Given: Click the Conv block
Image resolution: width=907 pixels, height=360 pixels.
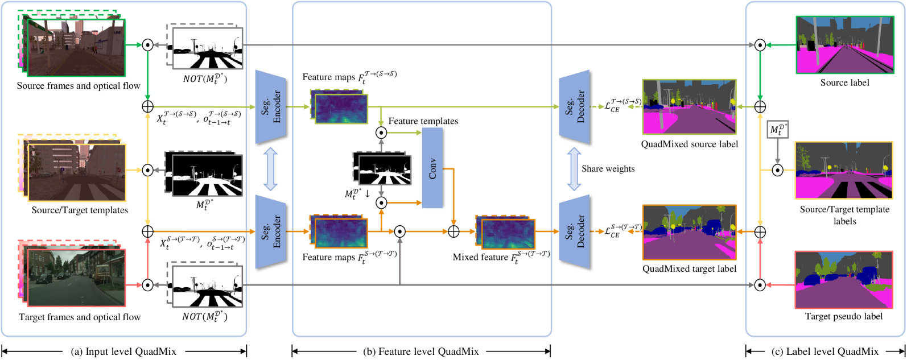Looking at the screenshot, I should (x=432, y=167).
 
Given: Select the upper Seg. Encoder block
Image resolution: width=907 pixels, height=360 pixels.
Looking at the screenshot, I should (x=270, y=107).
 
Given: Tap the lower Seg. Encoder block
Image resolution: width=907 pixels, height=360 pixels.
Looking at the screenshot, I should (x=270, y=232).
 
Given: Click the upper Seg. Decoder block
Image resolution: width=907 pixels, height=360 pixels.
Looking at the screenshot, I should (x=574, y=107).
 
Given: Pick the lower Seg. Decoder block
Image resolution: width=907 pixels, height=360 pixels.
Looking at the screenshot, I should (x=574, y=232).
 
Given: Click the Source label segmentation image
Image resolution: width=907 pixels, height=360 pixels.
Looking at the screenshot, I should (x=844, y=45).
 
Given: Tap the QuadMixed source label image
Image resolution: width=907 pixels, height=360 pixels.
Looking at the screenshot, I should (x=689, y=107).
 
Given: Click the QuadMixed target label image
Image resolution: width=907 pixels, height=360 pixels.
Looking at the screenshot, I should (x=689, y=232).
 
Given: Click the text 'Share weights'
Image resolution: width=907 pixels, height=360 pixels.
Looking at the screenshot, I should (x=608, y=169).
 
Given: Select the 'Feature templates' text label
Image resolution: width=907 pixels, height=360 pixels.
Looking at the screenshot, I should (x=423, y=121).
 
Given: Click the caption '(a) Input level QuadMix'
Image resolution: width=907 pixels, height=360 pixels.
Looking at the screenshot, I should (x=123, y=351).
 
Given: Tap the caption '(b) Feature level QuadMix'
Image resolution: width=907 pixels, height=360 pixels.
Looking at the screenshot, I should (x=421, y=351).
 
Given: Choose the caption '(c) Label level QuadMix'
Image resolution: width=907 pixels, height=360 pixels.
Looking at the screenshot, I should (x=825, y=351).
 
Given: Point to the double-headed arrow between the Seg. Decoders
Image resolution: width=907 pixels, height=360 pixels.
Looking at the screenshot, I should (x=574, y=169).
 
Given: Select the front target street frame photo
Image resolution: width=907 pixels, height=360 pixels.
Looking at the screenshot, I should (x=76, y=278).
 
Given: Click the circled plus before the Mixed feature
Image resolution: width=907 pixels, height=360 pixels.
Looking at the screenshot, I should (x=453, y=231).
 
